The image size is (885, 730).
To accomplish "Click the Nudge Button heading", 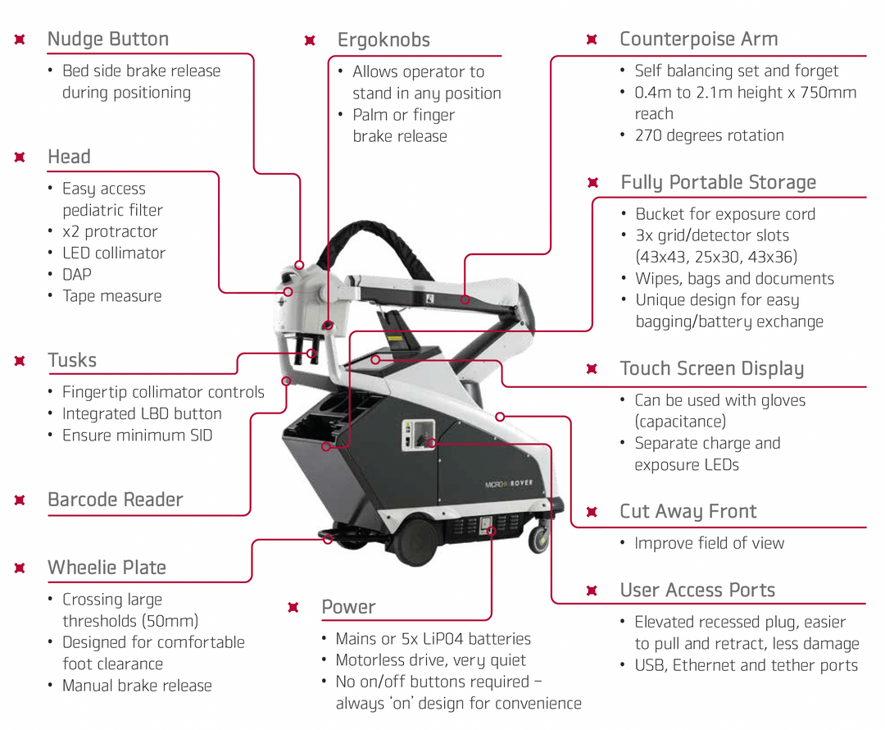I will (x=108, y=39).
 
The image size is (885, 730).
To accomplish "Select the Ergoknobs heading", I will (x=383, y=40).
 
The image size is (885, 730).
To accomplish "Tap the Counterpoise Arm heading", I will (x=699, y=39).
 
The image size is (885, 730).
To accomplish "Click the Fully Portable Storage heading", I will (x=718, y=182).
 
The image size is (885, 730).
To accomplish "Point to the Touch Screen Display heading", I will (x=712, y=368).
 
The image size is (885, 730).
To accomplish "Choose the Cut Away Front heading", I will (x=688, y=512).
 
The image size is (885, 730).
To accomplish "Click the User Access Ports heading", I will (x=697, y=591).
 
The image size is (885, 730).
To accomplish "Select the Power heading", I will (x=348, y=607).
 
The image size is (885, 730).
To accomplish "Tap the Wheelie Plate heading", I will (x=107, y=568).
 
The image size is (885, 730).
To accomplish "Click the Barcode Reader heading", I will (x=116, y=500).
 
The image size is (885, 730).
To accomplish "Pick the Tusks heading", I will (x=72, y=360).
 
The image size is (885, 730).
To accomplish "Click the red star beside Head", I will (x=20, y=157).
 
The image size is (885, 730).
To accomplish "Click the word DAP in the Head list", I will (x=77, y=275).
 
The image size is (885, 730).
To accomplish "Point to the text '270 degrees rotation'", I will (x=709, y=135).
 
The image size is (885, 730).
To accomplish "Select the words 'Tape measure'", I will (x=112, y=296).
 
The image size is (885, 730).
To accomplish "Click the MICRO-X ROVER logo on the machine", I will (x=508, y=484).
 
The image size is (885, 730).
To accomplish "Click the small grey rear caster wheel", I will (x=538, y=539).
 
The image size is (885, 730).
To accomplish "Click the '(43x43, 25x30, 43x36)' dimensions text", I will (x=716, y=257).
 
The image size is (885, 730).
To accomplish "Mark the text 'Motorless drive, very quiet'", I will (x=431, y=660).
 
